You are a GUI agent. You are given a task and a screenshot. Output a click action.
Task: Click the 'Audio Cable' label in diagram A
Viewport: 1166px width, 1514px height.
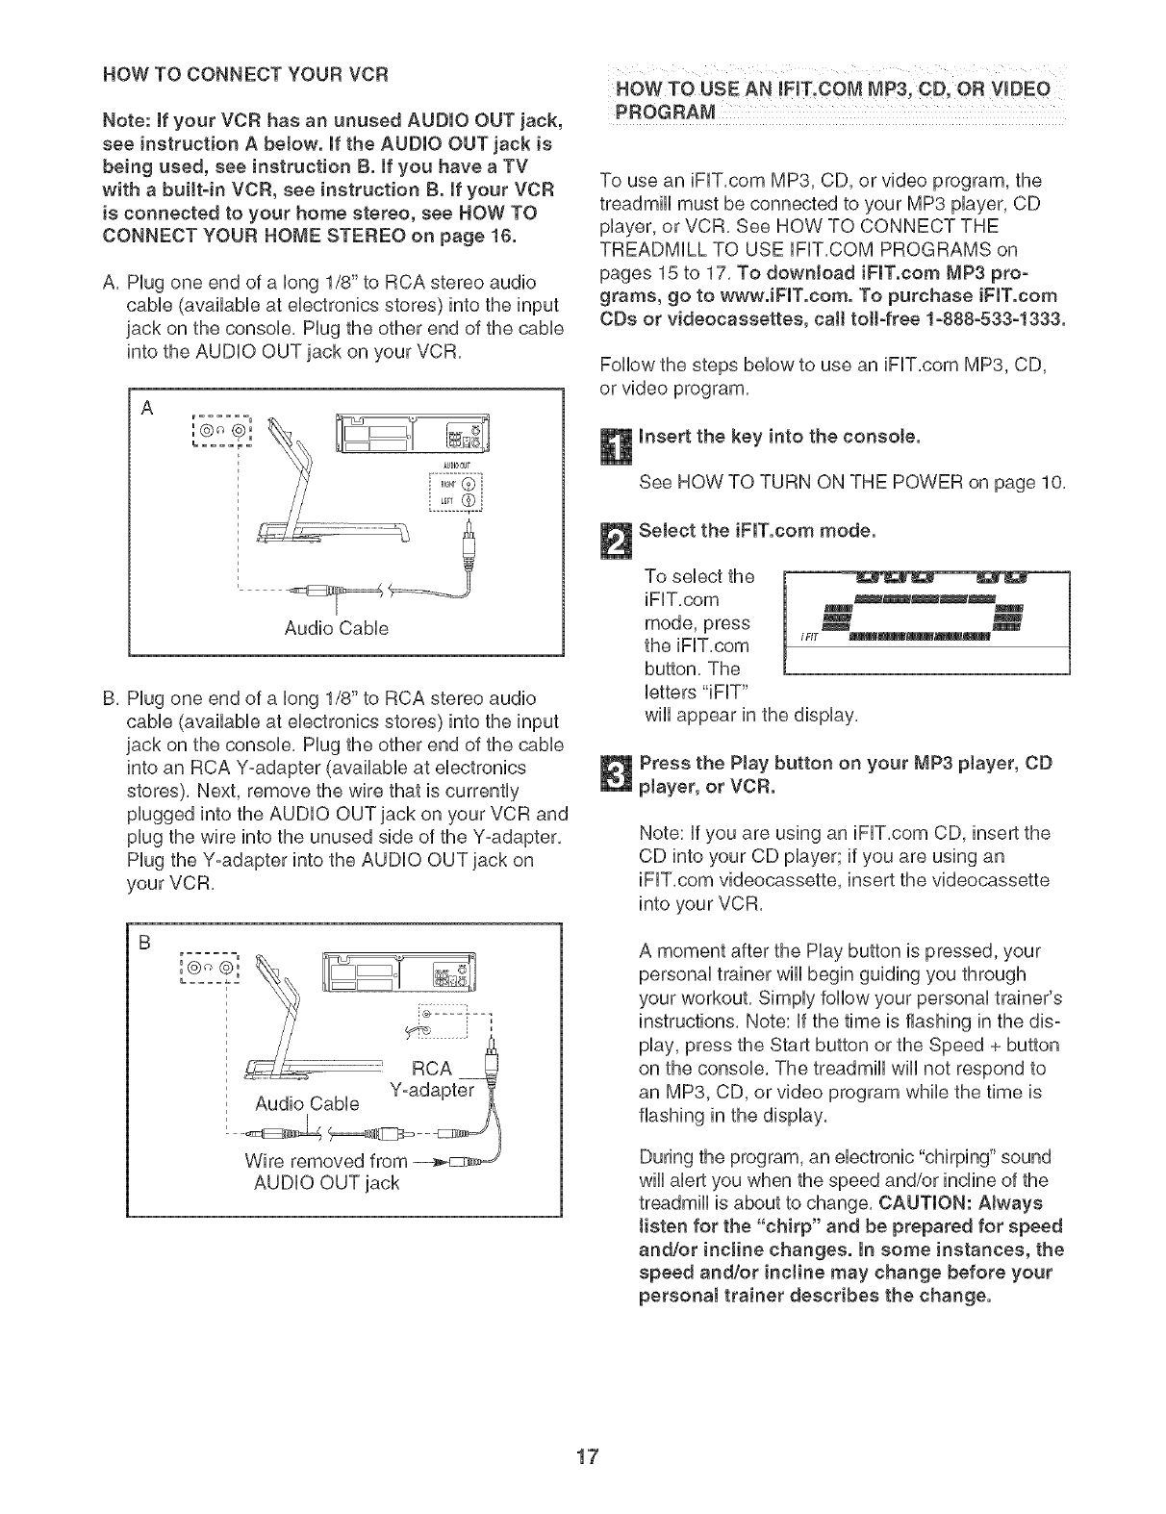coord(337,628)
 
